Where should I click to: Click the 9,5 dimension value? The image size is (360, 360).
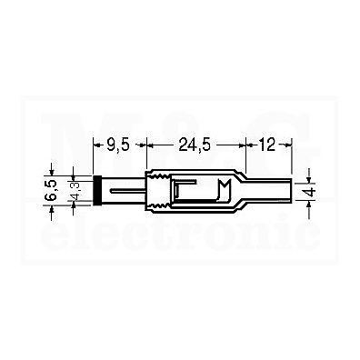pos(118,145)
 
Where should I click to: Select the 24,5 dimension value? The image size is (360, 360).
pos(195,145)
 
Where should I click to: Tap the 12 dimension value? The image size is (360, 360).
pos(266,145)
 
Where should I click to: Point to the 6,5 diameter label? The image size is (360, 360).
pos(51,190)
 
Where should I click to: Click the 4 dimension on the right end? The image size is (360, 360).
pos(311,192)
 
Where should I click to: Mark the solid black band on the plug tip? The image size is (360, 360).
pos(97,190)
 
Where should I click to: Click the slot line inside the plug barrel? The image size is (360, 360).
pos(126,191)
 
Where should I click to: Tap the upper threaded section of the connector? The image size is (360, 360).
pos(159,175)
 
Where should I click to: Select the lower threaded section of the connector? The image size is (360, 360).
pos(159,206)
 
